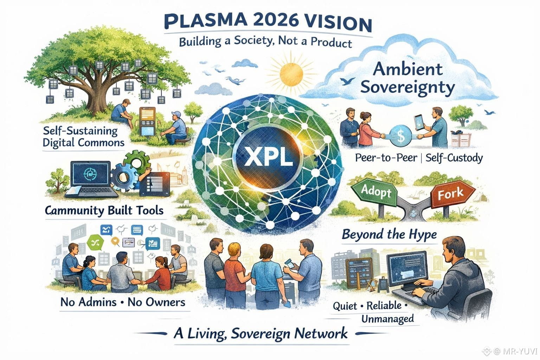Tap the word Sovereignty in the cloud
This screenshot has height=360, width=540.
(x=407, y=87)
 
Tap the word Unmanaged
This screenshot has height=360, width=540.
(x=387, y=319)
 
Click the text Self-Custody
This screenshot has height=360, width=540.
(x=454, y=158)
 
